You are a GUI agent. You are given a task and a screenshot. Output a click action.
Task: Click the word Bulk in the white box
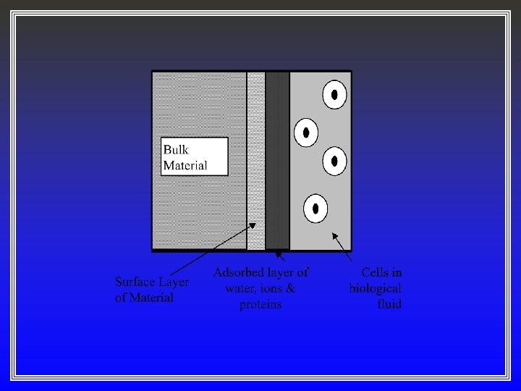point(175,150)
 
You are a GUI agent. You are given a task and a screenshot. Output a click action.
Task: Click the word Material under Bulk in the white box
point(185,165)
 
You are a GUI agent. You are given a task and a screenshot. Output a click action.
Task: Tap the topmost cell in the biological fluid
point(334,95)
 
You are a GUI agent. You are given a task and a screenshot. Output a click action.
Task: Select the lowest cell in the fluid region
point(315,209)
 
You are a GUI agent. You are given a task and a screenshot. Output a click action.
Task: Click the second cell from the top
point(306,133)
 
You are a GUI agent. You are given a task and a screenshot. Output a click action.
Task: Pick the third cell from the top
point(334,161)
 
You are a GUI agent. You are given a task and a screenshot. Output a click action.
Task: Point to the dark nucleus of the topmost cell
point(334,95)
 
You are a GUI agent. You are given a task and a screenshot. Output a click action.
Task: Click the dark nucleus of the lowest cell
point(315,209)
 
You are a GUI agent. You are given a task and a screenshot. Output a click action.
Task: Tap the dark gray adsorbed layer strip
point(277,159)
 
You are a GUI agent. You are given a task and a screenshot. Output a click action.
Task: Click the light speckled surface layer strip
point(256,159)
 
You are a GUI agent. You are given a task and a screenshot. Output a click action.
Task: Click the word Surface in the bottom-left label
point(138,282)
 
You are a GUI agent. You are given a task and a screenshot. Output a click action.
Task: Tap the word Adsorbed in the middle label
point(239,273)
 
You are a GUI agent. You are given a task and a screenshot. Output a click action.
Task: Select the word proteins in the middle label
point(260,305)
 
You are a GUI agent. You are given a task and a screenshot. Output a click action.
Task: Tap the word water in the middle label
point(240,289)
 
